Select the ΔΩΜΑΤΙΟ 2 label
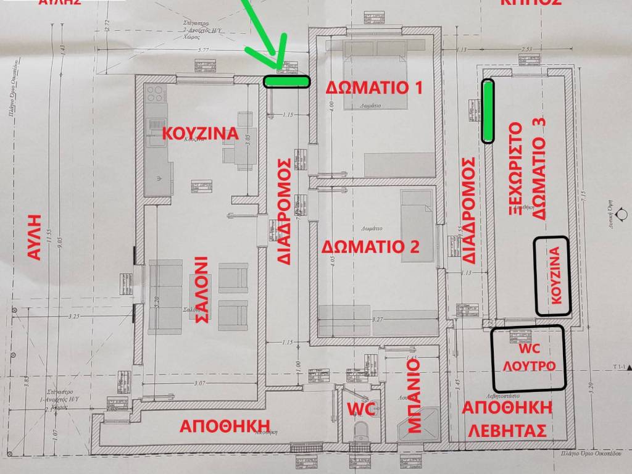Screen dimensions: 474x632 pyautogui.click(x=372, y=247)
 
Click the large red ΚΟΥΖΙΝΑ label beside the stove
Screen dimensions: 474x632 pyautogui.click(x=199, y=134)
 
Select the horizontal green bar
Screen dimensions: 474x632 pyautogui.click(x=286, y=81)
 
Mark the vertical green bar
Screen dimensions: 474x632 pyautogui.click(x=488, y=112)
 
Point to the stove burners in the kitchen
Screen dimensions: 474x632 pyautogui.click(x=155, y=96)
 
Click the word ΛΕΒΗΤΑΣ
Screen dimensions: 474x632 pyautogui.click(x=506, y=431)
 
